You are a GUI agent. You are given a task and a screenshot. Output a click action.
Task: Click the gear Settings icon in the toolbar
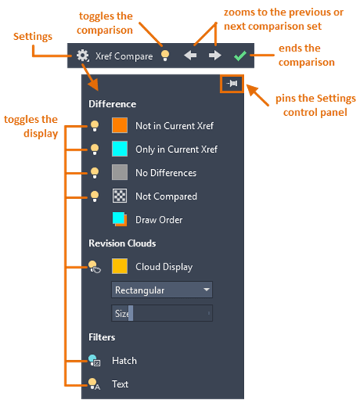tap(83, 55)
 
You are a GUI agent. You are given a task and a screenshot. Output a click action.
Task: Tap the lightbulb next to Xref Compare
tap(165, 55)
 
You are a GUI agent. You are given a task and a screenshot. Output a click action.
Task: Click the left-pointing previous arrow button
tap(190, 55)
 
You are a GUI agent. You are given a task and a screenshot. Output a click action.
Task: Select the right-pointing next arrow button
tap(215, 55)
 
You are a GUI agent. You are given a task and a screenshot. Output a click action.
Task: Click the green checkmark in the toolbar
tap(240, 56)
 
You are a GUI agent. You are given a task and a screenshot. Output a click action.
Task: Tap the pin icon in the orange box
tap(232, 84)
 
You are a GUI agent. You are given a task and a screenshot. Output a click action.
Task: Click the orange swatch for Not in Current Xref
tap(120, 125)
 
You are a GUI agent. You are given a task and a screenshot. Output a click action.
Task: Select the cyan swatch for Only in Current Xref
tap(120, 149)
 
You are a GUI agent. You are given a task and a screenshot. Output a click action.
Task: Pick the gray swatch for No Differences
tap(120, 172)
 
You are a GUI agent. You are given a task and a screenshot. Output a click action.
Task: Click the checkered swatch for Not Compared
tap(120, 196)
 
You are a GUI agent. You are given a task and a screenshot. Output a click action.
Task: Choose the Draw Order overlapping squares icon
tap(120, 219)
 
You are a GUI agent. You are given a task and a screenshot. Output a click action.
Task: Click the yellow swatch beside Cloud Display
tap(120, 266)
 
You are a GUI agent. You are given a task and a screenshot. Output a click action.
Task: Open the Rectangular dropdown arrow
tap(206, 290)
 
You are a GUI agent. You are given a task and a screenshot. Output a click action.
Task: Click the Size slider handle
tap(130, 313)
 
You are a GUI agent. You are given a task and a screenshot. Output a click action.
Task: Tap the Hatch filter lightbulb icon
tap(94, 360)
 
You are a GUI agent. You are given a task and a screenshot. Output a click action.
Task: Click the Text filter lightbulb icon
tap(94, 384)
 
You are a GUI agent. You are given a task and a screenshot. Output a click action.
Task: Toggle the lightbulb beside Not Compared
tap(94, 197)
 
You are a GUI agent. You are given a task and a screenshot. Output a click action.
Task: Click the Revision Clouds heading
tap(122, 243)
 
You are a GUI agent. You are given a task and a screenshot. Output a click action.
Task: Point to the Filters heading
tap(101, 337)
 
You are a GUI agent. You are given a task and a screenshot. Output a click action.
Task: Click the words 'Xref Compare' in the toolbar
tap(124, 56)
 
